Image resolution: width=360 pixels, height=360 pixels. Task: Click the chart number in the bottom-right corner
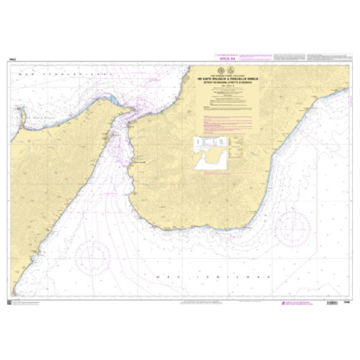347,300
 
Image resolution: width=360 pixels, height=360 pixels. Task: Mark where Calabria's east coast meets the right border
348,90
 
